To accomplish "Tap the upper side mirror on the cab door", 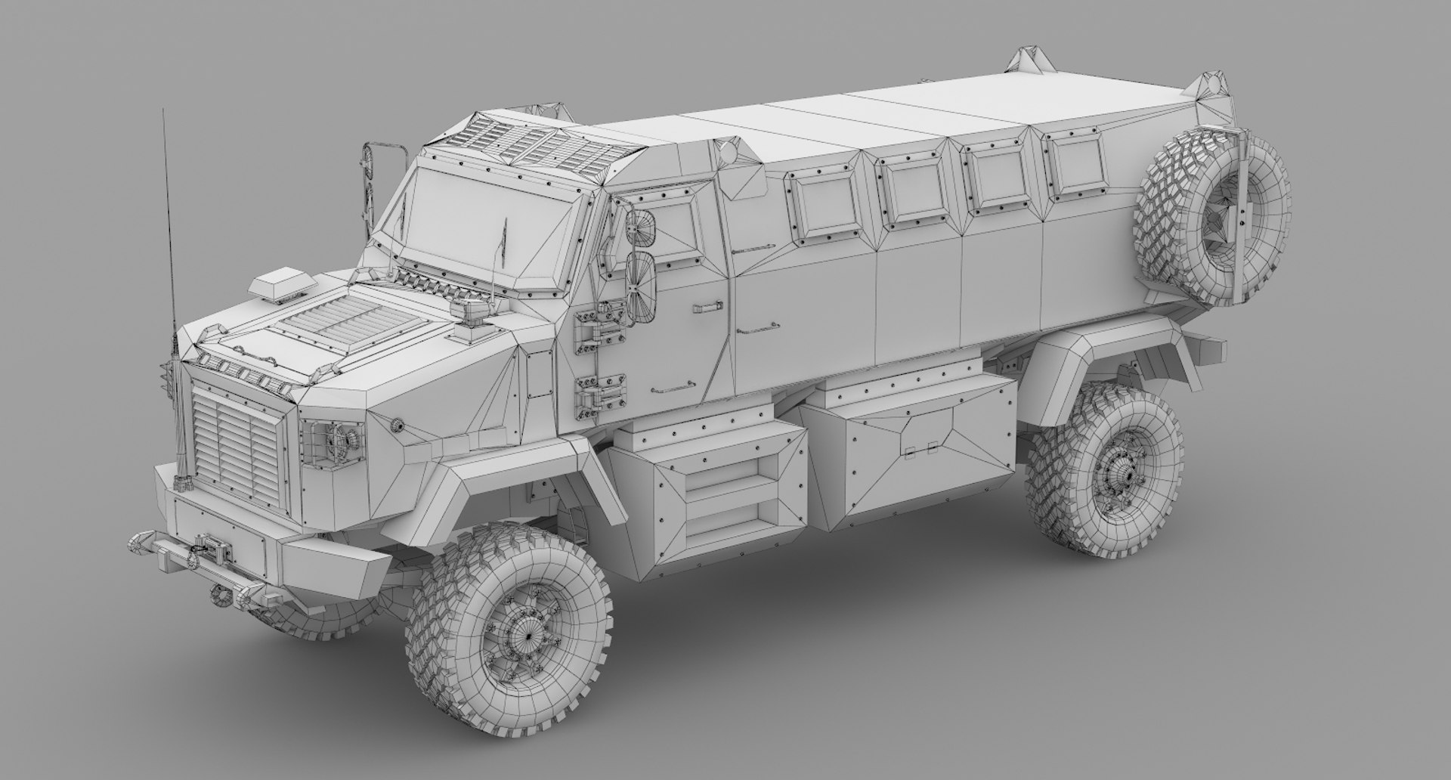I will point(641,227).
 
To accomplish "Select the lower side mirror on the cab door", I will point(641,285).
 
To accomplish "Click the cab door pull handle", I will point(707,306).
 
